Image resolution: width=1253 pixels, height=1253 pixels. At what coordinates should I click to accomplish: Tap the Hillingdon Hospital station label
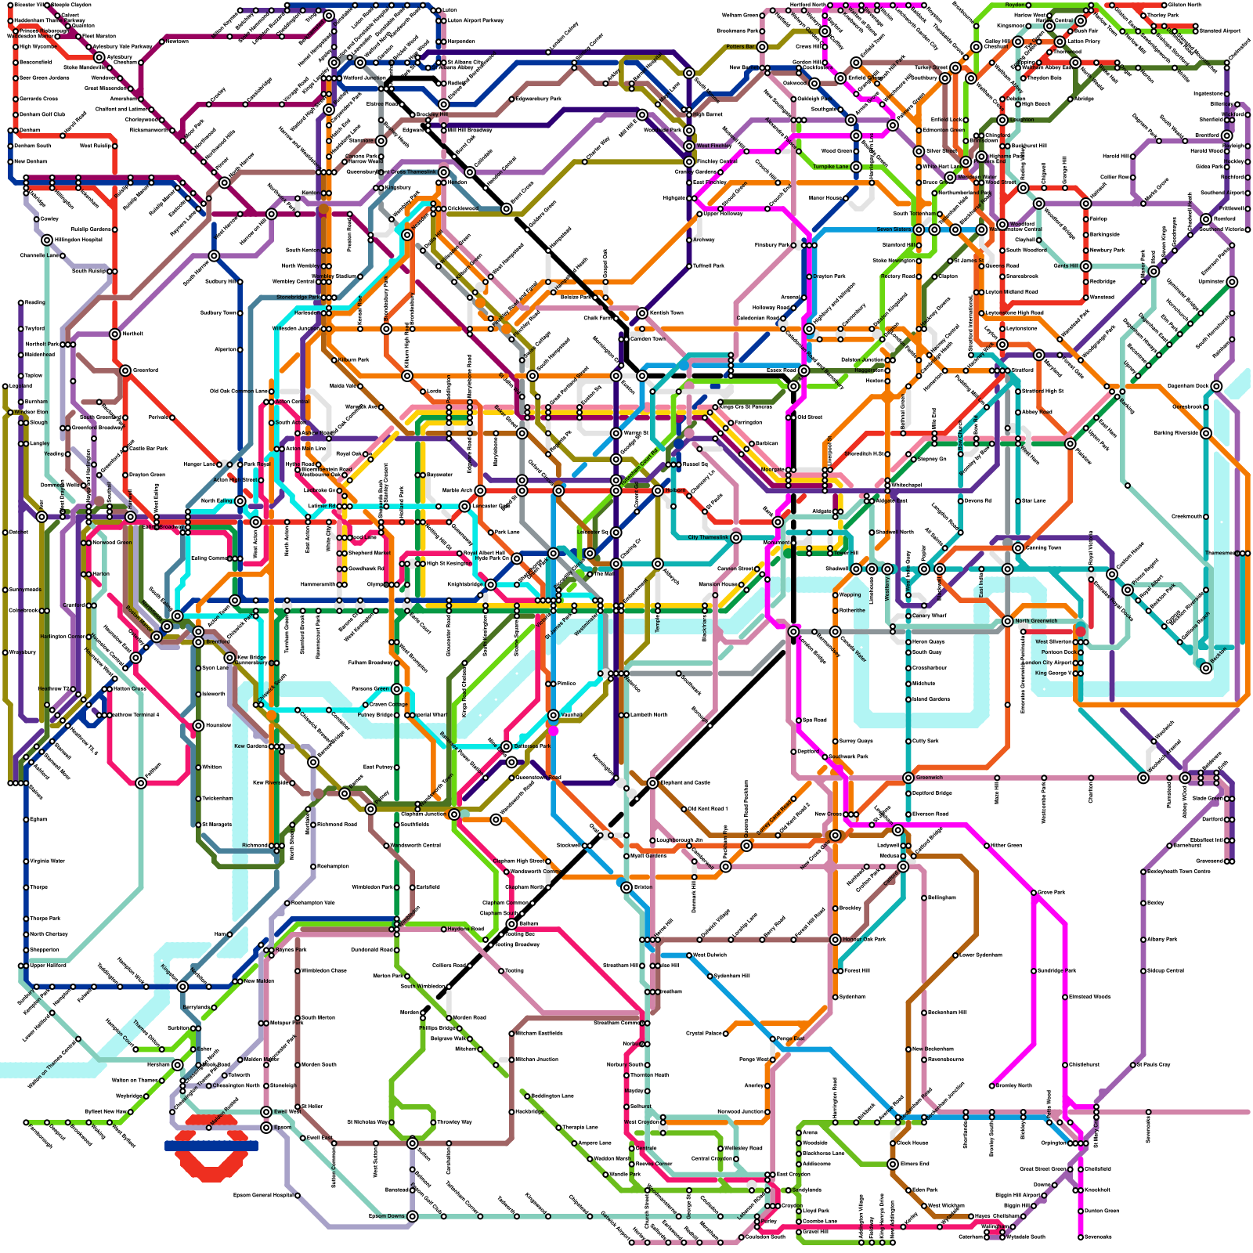[x=78, y=240]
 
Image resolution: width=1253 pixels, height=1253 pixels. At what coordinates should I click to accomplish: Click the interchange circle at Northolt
[x=115, y=334]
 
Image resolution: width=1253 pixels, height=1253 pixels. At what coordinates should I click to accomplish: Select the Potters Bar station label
[x=740, y=47]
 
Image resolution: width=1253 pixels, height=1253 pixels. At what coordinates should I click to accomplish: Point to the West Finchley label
[x=713, y=146]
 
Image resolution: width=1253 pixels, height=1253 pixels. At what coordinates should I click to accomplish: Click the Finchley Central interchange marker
[x=689, y=161]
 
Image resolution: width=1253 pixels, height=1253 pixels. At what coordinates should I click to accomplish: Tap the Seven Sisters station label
[x=894, y=229]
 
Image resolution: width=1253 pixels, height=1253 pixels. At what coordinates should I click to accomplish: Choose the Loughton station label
[x=1021, y=120]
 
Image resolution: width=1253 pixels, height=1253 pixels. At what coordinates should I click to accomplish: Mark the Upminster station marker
[x=1232, y=282]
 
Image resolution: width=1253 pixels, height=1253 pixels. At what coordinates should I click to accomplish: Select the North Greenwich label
[x=1036, y=621]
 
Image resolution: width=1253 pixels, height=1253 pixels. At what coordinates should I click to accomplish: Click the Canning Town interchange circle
[x=1018, y=548]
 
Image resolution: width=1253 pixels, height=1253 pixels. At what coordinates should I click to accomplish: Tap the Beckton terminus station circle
[x=1206, y=667]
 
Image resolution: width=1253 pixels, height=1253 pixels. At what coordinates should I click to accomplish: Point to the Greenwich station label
[x=930, y=778]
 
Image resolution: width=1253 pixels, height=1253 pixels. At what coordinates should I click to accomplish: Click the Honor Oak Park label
[x=864, y=939]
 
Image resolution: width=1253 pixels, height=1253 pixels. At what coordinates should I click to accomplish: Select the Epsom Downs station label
[x=387, y=1216]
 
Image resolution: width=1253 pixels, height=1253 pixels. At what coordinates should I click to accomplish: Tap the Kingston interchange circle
[x=182, y=987]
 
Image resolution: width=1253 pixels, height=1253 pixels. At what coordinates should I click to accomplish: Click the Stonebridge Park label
[x=298, y=298]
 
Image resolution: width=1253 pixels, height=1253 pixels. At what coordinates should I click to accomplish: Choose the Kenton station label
[x=309, y=193]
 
